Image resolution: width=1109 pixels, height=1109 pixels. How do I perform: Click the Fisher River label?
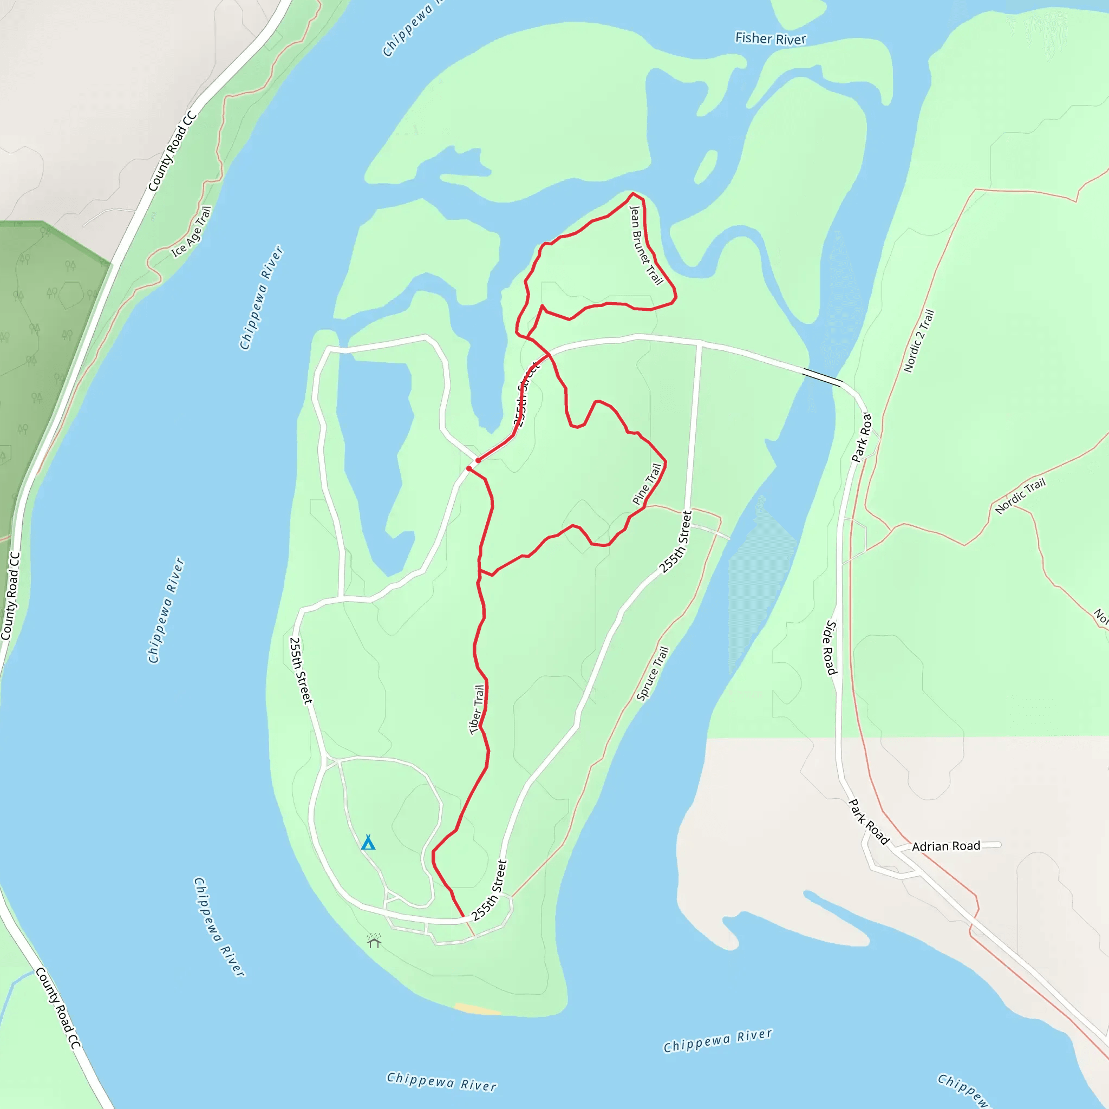click(771, 38)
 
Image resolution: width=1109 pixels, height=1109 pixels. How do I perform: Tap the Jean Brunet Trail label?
click(646, 245)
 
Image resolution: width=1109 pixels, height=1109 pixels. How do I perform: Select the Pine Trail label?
click(647, 484)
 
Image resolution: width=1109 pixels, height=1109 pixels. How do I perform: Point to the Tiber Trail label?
click(477, 709)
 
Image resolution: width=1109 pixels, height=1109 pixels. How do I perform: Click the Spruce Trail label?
click(653, 673)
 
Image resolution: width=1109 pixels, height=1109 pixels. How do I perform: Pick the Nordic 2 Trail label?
click(919, 341)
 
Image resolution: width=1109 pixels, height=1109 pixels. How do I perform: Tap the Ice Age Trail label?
click(192, 232)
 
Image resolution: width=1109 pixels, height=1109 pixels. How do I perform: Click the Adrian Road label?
click(946, 846)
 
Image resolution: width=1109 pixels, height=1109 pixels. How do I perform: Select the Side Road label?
click(831, 647)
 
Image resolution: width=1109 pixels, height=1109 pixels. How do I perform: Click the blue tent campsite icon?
click(368, 843)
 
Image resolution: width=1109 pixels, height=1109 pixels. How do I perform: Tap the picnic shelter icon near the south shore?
click(374, 941)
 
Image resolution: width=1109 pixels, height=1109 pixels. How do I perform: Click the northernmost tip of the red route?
click(632, 194)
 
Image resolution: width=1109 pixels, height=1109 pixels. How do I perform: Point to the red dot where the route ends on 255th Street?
click(478, 460)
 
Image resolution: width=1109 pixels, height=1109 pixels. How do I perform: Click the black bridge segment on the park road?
click(822, 376)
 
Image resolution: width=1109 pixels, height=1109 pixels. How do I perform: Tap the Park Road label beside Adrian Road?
click(869, 821)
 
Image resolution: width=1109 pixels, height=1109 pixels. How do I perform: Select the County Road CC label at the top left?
click(172, 152)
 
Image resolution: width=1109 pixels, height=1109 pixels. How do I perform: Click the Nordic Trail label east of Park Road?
click(1020, 496)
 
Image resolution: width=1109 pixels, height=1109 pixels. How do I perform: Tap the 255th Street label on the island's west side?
click(301, 670)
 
